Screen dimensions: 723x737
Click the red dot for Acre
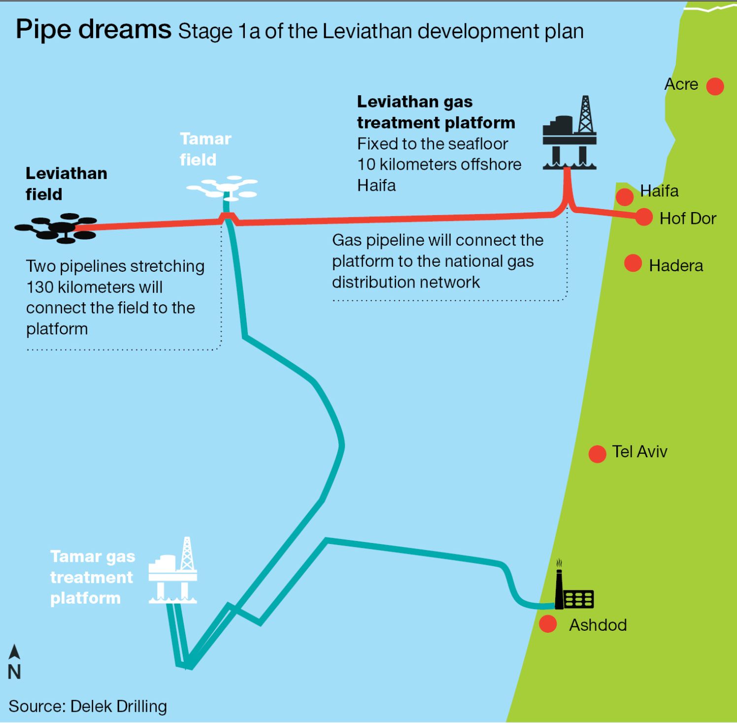(x=715, y=86)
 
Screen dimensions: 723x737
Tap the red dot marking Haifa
(x=625, y=197)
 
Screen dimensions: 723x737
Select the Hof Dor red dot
(x=644, y=217)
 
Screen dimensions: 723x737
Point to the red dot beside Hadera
(x=633, y=263)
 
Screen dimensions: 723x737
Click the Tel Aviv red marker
(x=597, y=454)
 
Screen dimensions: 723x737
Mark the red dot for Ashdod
(x=548, y=624)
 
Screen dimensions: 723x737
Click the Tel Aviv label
(x=639, y=451)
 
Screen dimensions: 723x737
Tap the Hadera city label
(x=676, y=266)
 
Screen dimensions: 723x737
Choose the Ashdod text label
(x=598, y=625)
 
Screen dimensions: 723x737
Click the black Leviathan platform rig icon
(x=570, y=134)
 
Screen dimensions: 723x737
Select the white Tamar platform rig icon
(x=173, y=572)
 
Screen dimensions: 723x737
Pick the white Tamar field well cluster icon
(x=223, y=187)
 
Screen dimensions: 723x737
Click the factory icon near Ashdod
(x=573, y=590)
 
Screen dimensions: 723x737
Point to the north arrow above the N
(x=15, y=652)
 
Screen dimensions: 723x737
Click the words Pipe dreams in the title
(x=93, y=30)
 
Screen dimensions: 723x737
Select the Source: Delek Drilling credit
(x=88, y=706)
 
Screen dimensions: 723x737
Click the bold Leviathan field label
(x=66, y=183)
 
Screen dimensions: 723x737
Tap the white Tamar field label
(x=205, y=149)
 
